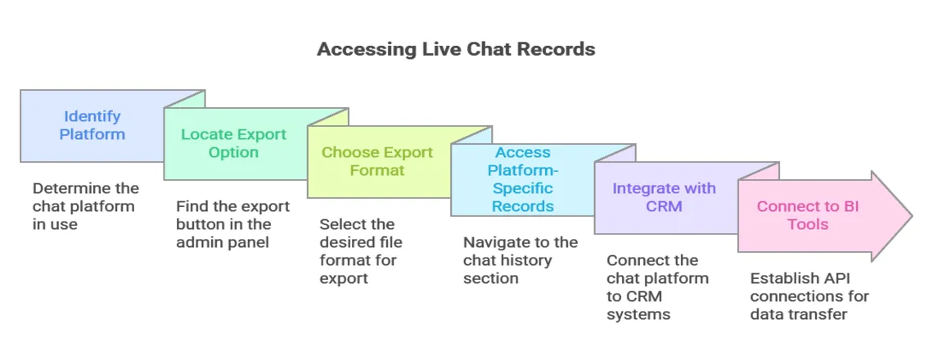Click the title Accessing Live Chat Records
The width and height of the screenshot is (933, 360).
[456, 49]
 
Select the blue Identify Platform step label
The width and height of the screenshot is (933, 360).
[92, 125]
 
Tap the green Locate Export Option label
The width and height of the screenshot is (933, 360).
[233, 143]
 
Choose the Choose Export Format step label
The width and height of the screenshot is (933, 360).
[376, 161]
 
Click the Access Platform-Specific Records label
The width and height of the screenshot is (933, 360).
[522, 179]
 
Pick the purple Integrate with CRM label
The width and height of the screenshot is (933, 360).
[664, 197]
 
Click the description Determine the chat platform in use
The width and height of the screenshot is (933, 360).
[85, 206]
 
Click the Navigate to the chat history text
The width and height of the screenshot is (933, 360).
[520, 260]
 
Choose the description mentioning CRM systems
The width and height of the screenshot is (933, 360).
[657, 287]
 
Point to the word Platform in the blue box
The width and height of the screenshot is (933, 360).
[92, 134]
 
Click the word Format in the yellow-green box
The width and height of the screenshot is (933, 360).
[376, 170]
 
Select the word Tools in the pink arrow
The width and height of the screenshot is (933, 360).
[808, 224]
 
